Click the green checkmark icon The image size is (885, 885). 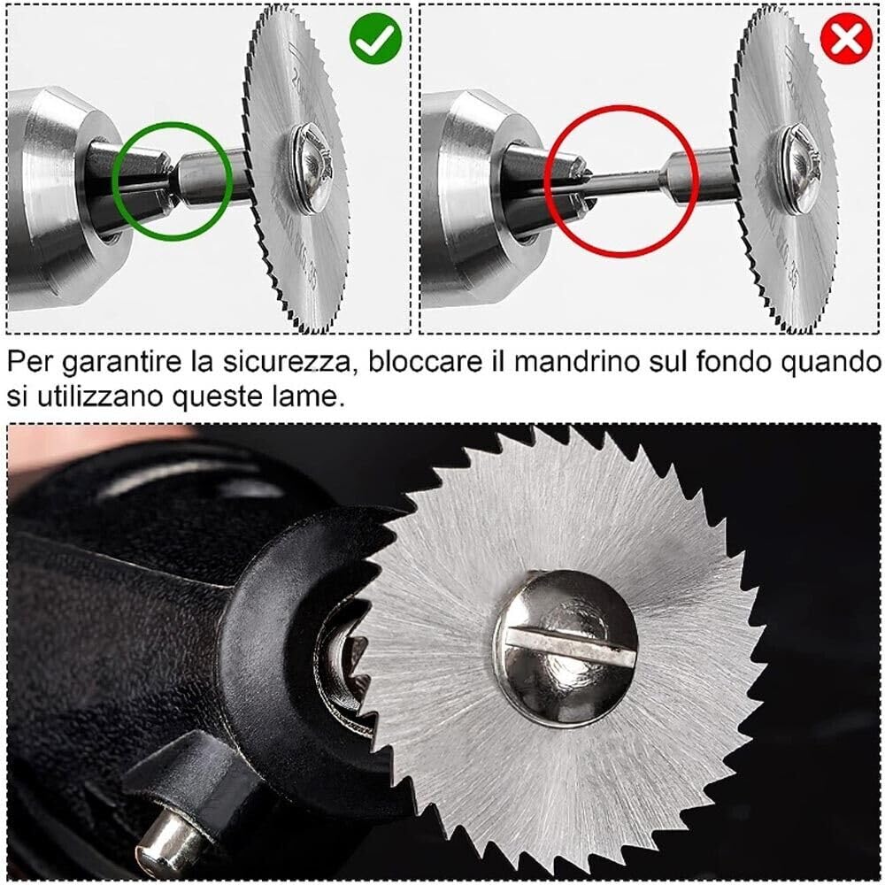pyautogui.click(x=376, y=37)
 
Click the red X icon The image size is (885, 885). pyautogui.click(x=847, y=37)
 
